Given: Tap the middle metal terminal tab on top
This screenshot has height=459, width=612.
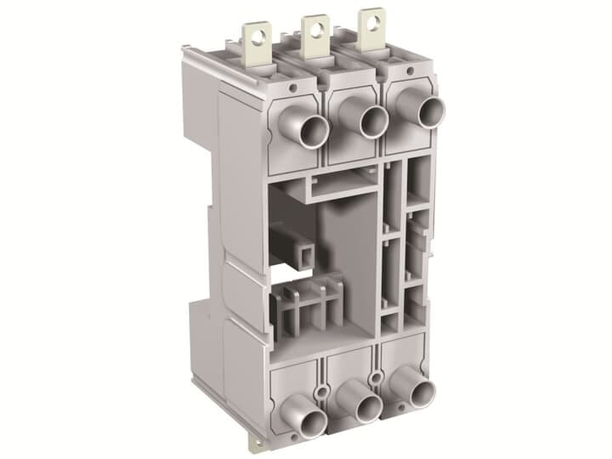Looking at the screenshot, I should tap(315, 32).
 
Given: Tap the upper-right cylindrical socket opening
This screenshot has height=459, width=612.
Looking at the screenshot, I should tap(430, 111).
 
